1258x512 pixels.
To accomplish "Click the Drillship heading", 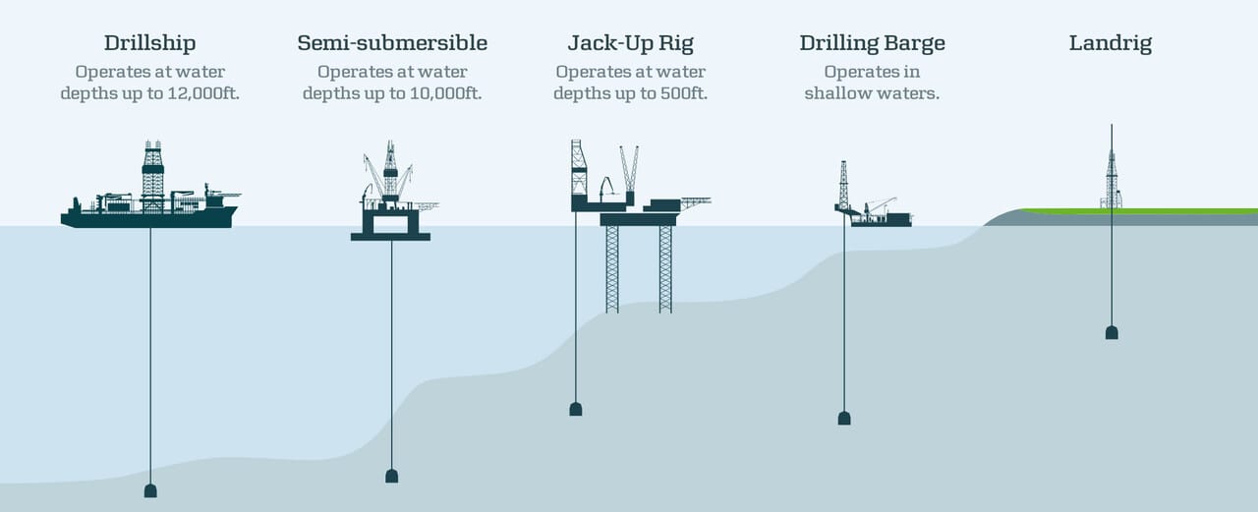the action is click(150, 43).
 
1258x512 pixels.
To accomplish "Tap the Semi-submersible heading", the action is click(392, 43).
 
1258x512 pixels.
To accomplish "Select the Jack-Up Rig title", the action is click(630, 43).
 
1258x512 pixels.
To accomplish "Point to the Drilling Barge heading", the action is click(872, 43).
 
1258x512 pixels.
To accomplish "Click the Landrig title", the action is click(1111, 43).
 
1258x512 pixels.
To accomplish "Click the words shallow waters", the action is click(872, 93).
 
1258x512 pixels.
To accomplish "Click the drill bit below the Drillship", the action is click(150, 491).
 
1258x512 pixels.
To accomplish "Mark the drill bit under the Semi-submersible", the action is click(392, 476).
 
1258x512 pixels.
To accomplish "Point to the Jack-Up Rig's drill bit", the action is click(576, 409).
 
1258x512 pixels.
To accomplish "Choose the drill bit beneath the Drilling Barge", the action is click(844, 419).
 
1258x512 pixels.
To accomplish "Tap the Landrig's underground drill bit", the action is click(1112, 333).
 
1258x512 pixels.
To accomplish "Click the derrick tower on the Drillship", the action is click(152, 176).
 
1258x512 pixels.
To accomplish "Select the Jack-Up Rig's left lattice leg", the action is click(612, 269).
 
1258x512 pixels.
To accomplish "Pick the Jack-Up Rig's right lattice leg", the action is click(665, 269).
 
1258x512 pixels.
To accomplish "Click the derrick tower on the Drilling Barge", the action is click(843, 186).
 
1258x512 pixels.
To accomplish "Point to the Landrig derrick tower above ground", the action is click(1112, 179).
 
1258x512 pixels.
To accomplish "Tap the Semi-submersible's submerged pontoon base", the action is click(391, 237).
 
